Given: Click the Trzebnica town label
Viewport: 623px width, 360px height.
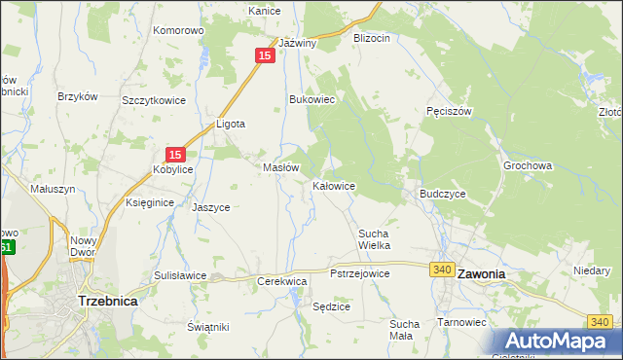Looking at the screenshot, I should point(107,302).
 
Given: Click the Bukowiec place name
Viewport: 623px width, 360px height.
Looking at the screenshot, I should point(312,99).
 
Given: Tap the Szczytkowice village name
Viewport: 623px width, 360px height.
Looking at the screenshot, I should point(153,100).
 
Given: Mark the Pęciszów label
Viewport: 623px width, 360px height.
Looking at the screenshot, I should point(449,111).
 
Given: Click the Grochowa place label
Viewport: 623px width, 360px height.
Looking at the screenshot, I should point(528,165).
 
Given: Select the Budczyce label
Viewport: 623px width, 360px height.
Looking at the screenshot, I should point(443,194).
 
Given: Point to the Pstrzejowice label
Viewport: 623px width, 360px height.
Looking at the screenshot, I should point(360,274).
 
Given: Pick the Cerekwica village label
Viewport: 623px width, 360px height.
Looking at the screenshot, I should point(282,281).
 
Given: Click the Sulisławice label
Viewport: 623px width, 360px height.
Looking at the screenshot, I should point(180,275).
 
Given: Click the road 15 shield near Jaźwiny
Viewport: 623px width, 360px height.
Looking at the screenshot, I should point(265,56).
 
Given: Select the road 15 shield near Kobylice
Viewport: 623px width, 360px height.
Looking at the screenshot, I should point(175,154).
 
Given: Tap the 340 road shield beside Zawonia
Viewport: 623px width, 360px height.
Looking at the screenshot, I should point(443,269).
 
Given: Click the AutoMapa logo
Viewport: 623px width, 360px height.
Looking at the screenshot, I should point(558,342).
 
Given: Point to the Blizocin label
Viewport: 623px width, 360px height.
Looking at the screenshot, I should point(372,38).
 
